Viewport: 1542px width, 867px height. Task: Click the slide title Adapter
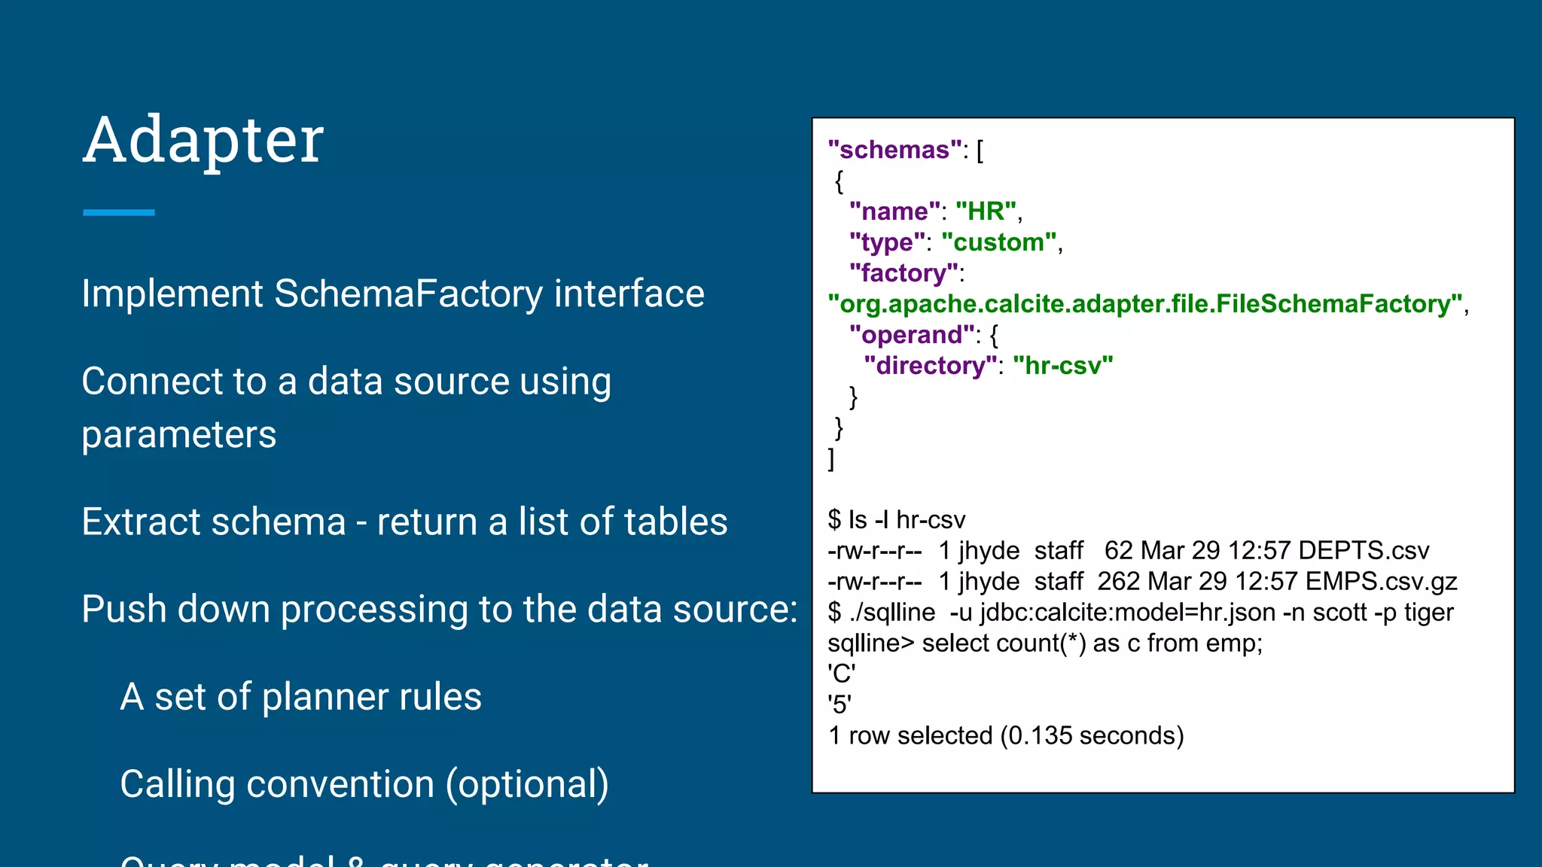tap(203, 140)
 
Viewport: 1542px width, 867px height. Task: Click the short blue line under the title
tap(118, 213)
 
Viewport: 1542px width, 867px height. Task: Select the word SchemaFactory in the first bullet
tap(408, 294)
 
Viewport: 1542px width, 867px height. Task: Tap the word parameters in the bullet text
tap(179, 435)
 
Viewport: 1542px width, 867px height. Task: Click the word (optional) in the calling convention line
tap(527, 784)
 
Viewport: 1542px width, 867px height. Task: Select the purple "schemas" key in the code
tap(894, 150)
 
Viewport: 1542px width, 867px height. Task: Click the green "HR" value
tap(986, 211)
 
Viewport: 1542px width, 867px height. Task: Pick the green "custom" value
tap(1000, 242)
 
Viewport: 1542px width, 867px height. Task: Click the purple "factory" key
tap(904, 273)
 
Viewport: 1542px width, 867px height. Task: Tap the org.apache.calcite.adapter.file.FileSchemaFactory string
tap(1144, 304)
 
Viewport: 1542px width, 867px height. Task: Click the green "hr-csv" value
tap(1062, 366)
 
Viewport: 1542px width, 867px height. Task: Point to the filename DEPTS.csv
tap(1363, 551)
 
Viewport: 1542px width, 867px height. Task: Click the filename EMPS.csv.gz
tap(1381, 582)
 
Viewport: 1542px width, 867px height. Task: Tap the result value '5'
tap(840, 704)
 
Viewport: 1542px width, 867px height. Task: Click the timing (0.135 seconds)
tap(1092, 735)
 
